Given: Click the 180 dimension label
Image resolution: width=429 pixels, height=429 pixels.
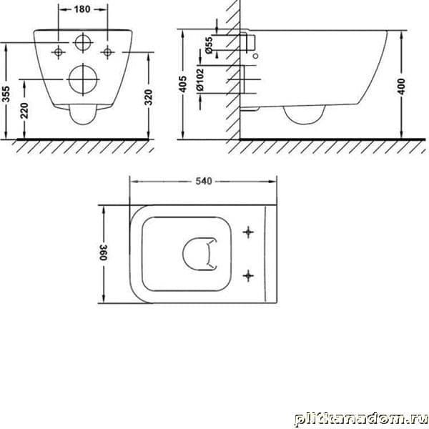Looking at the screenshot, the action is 82,9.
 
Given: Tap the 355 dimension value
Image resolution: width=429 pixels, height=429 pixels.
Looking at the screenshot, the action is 6,94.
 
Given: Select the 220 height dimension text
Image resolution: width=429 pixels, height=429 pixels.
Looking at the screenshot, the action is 24,111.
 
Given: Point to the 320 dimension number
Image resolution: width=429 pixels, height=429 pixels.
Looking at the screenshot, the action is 148,97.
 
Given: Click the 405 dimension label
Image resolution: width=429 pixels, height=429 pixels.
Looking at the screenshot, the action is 182,84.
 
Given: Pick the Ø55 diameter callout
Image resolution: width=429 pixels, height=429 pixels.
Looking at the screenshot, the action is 209,45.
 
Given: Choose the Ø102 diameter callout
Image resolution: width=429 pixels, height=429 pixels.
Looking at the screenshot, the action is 200,79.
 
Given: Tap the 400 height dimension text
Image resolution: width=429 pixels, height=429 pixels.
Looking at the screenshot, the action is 401,87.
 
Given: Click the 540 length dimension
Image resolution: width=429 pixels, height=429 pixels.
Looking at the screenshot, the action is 204,181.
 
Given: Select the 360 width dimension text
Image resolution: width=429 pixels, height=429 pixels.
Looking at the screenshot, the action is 104,252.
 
